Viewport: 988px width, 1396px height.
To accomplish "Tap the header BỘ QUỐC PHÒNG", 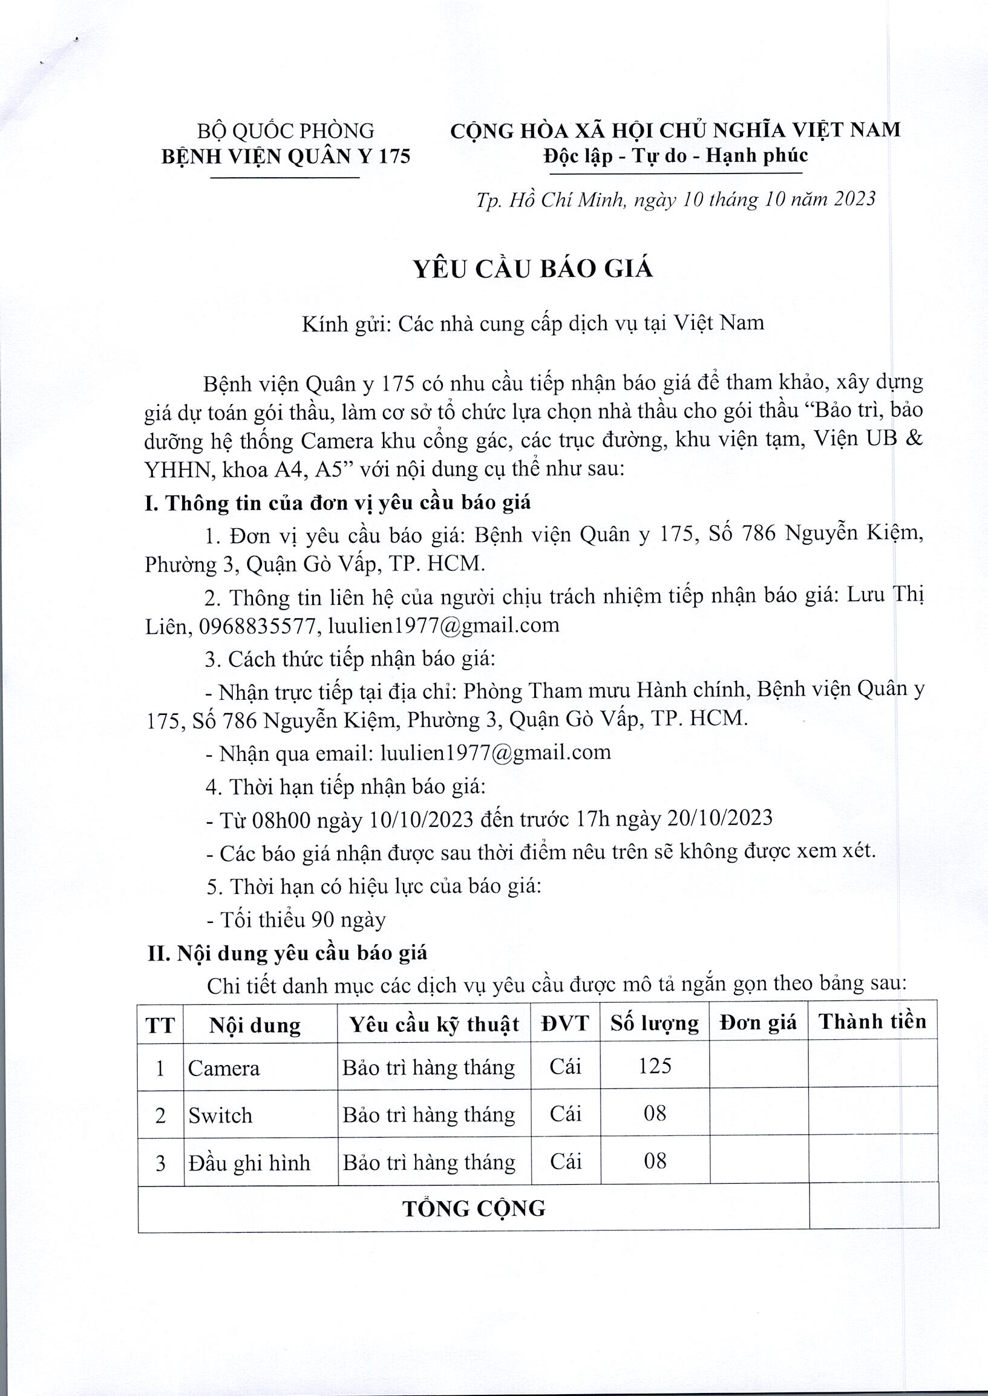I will pyautogui.click(x=286, y=131).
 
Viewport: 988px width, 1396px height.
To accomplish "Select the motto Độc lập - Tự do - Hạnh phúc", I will pyautogui.click(x=675, y=155).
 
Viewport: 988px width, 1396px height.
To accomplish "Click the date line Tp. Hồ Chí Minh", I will pyautogui.click(x=675, y=200).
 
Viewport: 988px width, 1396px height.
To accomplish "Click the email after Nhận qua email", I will pyautogui.click(x=496, y=752).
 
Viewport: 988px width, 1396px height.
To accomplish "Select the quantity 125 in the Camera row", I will pyautogui.click(x=655, y=1065).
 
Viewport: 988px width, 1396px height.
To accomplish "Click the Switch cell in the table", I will pyautogui.click(x=220, y=1115).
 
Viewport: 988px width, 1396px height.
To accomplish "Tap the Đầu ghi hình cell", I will pyautogui.click(x=249, y=1163).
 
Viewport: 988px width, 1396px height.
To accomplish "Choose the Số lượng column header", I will pyautogui.click(x=655, y=1023).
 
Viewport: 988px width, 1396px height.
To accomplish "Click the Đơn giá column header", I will pyautogui.click(x=758, y=1023).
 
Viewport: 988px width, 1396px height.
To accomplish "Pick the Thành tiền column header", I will pyautogui.click(x=872, y=1022).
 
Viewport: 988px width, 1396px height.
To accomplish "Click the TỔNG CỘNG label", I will pyautogui.click(x=473, y=1208).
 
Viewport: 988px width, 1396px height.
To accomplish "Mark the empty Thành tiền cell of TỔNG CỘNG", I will pyautogui.click(x=873, y=1207).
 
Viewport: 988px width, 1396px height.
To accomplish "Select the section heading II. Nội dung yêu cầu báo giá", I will pyautogui.click(x=287, y=953).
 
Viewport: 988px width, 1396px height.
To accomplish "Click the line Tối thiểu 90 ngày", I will pyautogui.click(x=296, y=920).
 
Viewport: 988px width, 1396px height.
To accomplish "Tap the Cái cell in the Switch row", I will pyautogui.click(x=565, y=1114).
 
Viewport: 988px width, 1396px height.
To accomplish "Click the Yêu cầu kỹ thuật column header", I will pyautogui.click(x=434, y=1024).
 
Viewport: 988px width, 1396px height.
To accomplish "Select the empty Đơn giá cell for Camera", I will pyautogui.click(x=758, y=1066).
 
